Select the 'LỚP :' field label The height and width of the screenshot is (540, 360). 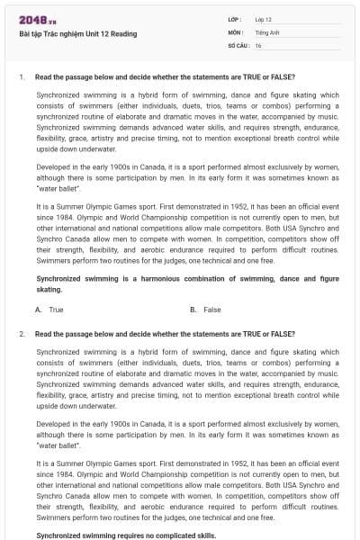(x=235, y=19)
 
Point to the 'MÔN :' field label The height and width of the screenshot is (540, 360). (x=236, y=31)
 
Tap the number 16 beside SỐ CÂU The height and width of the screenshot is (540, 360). (x=258, y=44)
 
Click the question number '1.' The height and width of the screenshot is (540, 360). (x=22, y=76)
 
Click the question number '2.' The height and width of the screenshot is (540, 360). (x=22, y=334)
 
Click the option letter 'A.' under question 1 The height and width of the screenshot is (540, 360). (x=39, y=310)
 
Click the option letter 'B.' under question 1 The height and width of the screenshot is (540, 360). (x=194, y=310)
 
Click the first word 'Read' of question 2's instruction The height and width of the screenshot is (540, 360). (x=44, y=334)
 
